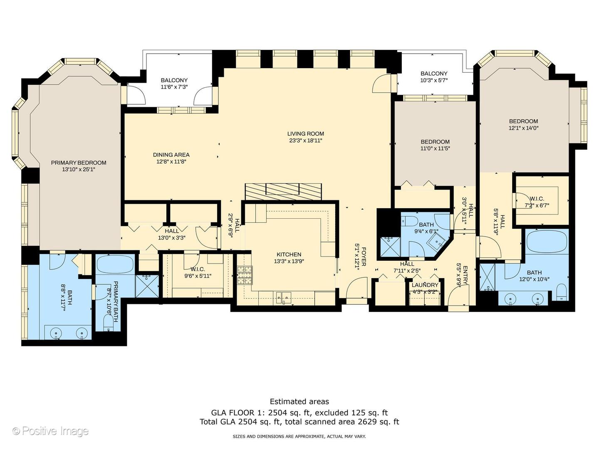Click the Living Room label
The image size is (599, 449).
(x=306, y=133)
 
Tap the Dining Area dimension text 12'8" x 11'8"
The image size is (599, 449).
(x=171, y=161)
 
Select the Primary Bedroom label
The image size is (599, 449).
(x=79, y=163)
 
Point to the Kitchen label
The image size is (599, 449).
(x=289, y=254)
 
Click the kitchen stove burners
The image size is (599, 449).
(x=245, y=276)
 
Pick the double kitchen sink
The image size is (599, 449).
(x=283, y=297)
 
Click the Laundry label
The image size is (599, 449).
(x=425, y=285)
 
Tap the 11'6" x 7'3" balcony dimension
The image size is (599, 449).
(x=174, y=87)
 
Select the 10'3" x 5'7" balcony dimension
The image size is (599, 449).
(x=434, y=80)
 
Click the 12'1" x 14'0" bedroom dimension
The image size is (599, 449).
(x=523, y=128)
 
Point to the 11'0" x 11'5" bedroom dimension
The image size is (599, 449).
(x=435, y=148)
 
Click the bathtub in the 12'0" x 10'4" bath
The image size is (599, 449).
(x=547, y=242)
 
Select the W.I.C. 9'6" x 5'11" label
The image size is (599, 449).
(x=198, y=273)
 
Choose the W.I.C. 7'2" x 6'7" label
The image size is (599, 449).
(x=537, y=202)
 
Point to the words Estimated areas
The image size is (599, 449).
(x=299, y=402)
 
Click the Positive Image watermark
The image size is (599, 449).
(x=50, y=431)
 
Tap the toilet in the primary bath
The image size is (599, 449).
(x=108, y=323)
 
